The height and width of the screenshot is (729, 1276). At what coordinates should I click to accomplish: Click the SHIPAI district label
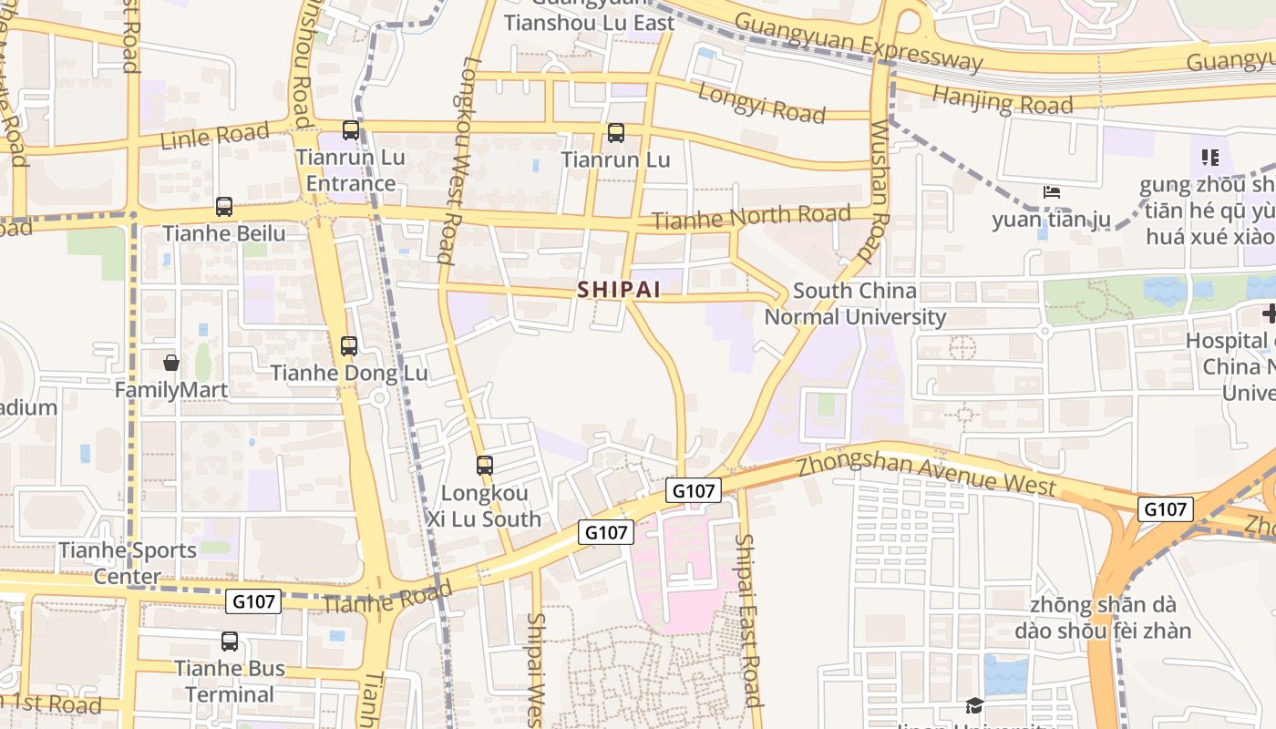tap(617, 289)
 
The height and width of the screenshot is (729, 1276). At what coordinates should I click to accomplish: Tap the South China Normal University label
tap(854, 304)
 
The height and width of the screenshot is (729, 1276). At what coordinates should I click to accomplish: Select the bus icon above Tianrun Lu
tap(616, 133)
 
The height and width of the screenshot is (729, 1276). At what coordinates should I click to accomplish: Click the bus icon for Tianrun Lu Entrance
tap(351, 130)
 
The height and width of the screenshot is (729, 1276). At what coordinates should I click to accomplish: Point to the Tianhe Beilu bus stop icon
tap(224, 207)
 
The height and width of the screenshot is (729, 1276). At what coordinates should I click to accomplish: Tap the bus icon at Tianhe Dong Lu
tap(349, 346)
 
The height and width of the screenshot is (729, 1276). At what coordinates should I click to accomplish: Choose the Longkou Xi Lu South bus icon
tap(485, 466)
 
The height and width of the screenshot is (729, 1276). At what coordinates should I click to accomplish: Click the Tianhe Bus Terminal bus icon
tap(230, 642)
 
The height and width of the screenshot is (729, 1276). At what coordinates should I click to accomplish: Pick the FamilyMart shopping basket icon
tap(171, 363)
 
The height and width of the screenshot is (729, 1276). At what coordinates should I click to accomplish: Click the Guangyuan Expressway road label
tap(858, 42)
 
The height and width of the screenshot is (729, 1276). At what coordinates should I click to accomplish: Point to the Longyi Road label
tap(761, 102)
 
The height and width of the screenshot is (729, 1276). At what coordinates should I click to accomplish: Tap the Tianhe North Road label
tap(752, 218)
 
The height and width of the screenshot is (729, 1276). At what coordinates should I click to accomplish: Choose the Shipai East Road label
tap(747, 620)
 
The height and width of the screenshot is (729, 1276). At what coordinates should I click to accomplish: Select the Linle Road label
tap(214, 136)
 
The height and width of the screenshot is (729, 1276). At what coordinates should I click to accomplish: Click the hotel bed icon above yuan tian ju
tap(1051, 192)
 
